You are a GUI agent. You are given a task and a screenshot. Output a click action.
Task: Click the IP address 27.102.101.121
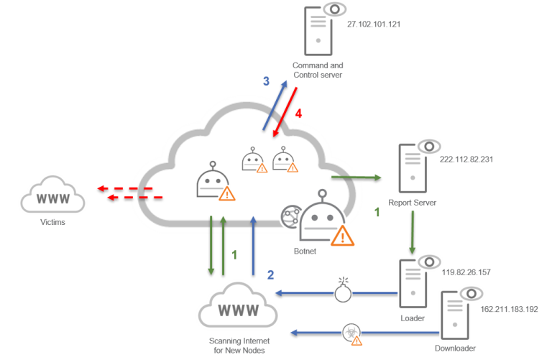[374, 24]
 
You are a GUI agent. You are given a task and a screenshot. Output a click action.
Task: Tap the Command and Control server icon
[325, 29]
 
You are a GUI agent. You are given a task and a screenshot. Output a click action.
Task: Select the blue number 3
[266, 81]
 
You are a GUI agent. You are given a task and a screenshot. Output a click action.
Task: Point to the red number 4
[298, 114]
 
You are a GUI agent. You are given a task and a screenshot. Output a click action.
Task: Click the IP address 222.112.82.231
[466, 160]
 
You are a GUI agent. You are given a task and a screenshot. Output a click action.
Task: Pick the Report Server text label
[413, 203]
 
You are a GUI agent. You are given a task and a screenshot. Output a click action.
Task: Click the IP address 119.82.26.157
[466, 272]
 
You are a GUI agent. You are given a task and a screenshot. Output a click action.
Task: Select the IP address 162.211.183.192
[509, 309]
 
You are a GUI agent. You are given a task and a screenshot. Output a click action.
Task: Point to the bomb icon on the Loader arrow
[343, 291]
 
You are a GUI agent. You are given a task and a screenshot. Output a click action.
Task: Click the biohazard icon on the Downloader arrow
[352, 334]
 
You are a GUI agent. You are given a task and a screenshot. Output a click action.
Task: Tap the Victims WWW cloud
[52, 195]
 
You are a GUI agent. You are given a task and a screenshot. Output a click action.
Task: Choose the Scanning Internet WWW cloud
[238, 305]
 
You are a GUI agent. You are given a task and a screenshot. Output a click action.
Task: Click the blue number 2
[270, 274]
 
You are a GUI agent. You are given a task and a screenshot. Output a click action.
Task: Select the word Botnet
[305, 251]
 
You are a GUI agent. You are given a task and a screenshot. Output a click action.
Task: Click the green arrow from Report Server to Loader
[413, 232]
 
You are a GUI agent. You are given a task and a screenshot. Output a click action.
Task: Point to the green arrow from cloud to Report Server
[356, 177]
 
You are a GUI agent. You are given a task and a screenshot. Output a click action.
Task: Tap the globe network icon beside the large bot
[291, 217]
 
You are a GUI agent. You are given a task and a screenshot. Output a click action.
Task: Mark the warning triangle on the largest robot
[343, 236]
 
